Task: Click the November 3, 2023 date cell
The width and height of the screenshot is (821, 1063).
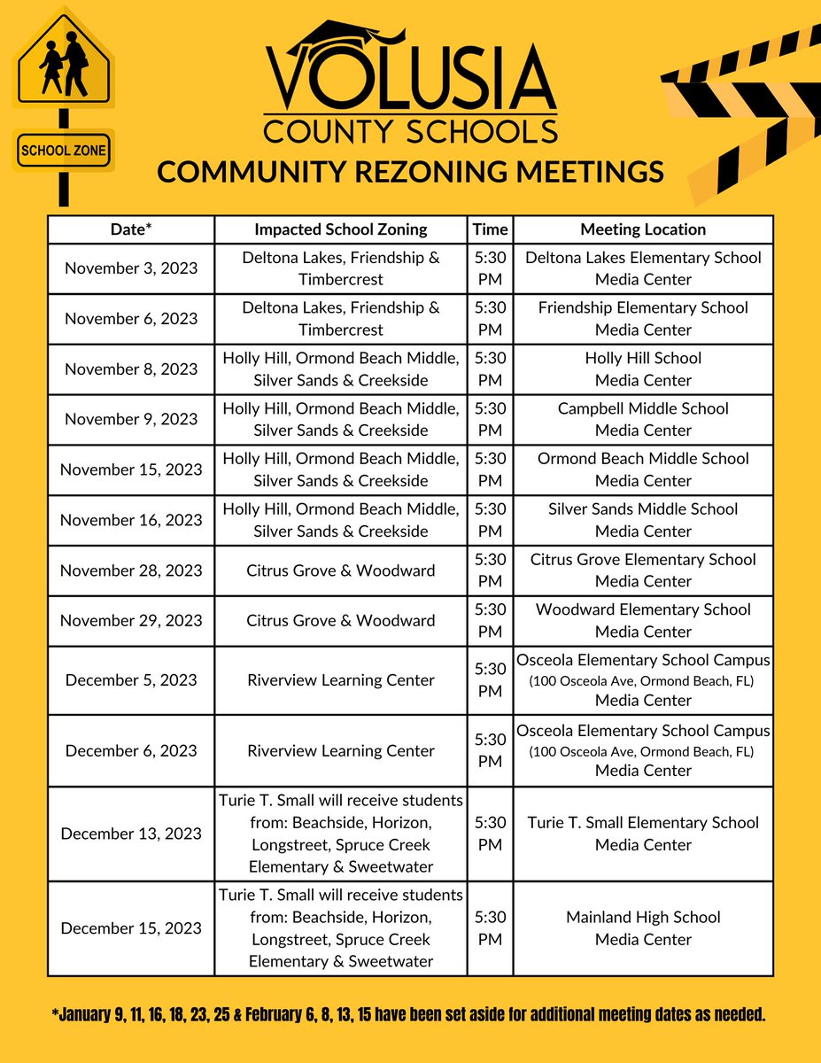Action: pyautogui.click(x=131, y=268)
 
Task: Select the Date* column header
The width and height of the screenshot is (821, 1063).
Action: pyautogui.click(x=131, y=229)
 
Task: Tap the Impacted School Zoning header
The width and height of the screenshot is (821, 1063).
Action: pyautogui.click(x=341, y=229)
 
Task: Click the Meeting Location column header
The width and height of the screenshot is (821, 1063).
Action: pyautogui.click(x=643, y=229)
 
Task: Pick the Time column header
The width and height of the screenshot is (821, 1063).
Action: pyautogui.click(x=490, y=229)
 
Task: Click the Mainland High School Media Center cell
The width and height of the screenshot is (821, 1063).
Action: pyautogui.click(x=643, y=928)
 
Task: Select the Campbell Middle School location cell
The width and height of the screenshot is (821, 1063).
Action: pyautogui.click(x=643, y=419)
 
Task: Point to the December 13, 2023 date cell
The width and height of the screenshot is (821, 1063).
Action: pyautogui.click(x=131, y=834)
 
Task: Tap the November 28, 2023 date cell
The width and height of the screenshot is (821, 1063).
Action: pyautogui.click(x=131, y=570)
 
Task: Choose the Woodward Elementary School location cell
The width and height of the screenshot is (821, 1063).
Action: pyautogui.click(x=643, y=620)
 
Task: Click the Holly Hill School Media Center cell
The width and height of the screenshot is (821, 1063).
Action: pyautogui.click(x=643, y=369)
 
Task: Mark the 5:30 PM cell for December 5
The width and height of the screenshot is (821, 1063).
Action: pyautogui.click(x=490, y=680)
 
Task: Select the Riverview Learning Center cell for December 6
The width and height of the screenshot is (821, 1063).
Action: pyautogui.click(x=341, y=750)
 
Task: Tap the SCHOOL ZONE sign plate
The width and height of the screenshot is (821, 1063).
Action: pyautogui.click(x=64, y=151)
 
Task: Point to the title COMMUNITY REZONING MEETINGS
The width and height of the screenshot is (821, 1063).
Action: pyautogui.click(x=410, y=172)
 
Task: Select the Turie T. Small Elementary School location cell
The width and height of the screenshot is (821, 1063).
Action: pyautogui.click(x=643, y=834)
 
